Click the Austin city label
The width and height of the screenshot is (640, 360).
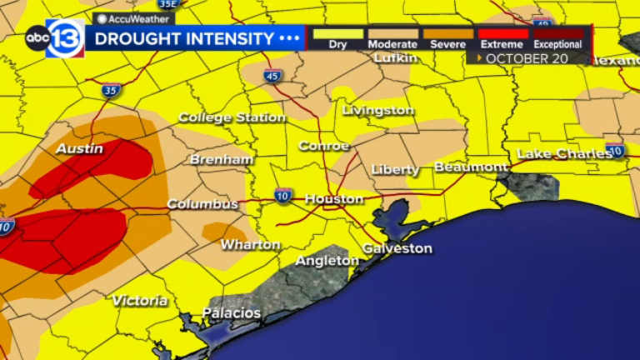coord(79,149)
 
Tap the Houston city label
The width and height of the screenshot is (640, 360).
coord(334,199)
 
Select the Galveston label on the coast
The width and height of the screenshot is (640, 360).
coord(397,248)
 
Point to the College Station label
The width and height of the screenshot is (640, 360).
coord(232,117)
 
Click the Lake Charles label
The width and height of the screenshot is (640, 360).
coord(559,153)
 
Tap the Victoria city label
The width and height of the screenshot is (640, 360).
coord(139,300)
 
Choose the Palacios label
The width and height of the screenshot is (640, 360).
coord(232,313)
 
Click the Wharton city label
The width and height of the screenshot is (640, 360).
coord(250,244)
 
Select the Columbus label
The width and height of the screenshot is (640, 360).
coord(202,203)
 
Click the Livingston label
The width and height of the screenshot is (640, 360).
coord(378,110)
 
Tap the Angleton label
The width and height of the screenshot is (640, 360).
coord(327,261)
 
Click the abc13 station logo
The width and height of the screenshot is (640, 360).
coord(54,38)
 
